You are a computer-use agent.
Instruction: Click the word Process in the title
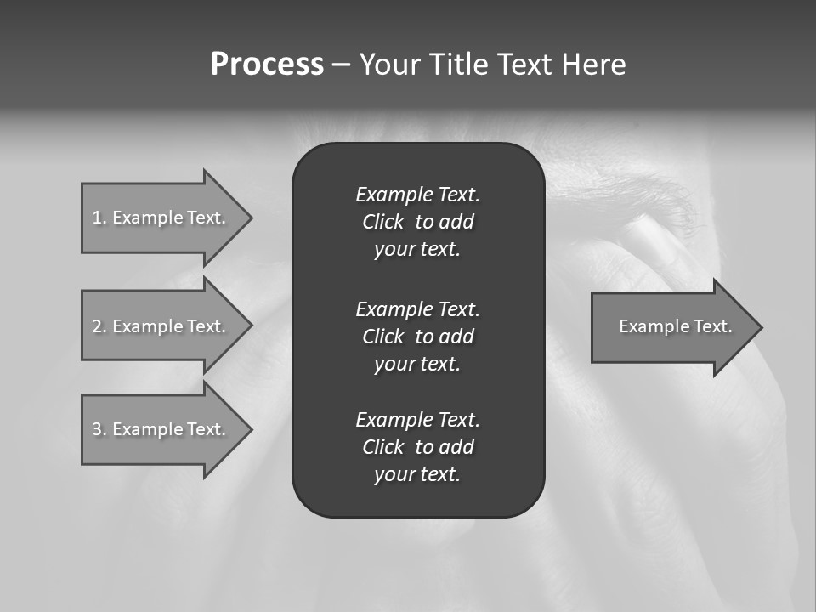tap(267, 65)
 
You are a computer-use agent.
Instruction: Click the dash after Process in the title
tap(341, 65)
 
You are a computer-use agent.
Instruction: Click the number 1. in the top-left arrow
tap(99, 218)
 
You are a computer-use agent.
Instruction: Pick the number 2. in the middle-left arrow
tap(99, 326)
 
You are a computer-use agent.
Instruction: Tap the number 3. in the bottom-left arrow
tap(99, 429)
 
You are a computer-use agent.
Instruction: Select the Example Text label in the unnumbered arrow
tap(675, 326)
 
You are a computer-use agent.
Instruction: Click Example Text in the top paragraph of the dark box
tap(417, 195)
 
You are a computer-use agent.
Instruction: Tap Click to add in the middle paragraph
tap(417, 337)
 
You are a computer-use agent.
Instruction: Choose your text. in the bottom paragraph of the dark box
tap(417, 474)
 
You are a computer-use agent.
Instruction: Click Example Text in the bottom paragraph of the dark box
tap(417, 420)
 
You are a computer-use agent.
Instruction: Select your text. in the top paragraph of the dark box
tap(417, 249)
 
